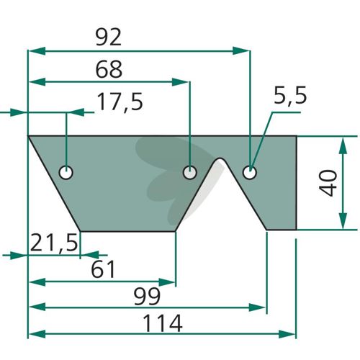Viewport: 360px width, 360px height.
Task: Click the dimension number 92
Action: coord(109,37)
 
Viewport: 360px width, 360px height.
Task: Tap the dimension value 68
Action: coord(109,69)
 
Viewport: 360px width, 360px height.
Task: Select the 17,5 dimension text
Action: coord(120,102)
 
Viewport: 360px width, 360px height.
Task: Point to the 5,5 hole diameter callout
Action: coord(290,96)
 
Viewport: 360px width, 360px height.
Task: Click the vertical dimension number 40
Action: coord(328,183)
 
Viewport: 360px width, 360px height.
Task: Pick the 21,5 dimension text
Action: coord(54,243)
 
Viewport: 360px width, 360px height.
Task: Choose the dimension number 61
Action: coord(103,269)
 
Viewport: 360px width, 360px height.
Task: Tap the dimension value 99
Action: coord(147,297)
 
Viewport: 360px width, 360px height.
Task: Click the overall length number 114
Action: coord(163,323)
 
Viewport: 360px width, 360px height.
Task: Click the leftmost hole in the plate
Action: coord(66,172)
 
